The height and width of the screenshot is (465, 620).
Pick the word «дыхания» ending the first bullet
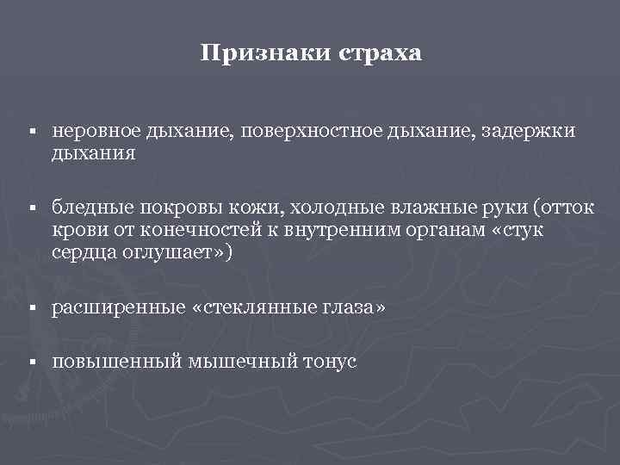point(94,154)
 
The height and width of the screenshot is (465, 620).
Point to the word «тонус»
point(329,363)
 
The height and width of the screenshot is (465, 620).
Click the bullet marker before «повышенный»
point(30,363)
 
